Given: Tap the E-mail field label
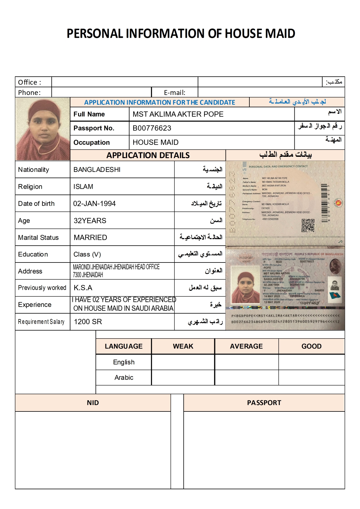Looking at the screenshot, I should [174, 93].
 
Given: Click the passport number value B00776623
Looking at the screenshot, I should [152, 128].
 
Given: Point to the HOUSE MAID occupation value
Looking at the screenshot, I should [156, 142].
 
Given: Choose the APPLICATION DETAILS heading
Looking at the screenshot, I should [148, 155].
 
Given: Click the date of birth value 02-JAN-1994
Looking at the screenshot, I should [94, 204].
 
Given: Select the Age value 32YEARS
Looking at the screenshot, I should [90, 221].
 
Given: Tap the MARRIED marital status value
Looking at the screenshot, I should [90, 238].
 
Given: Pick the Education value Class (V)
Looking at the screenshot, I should [87, 254].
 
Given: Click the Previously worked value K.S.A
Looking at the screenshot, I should [83, 288].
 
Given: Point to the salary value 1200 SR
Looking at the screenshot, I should [88, 322].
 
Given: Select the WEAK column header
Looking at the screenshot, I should [183, 346].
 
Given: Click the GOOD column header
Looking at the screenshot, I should [311, 346].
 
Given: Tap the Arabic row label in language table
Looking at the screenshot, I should [124, 377].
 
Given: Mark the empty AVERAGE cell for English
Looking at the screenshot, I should [246, 362].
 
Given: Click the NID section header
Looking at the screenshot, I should [93, 403].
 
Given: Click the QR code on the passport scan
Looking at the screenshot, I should [308, 226].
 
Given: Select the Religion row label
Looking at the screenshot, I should [30, 187].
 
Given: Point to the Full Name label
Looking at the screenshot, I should [89, 114].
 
